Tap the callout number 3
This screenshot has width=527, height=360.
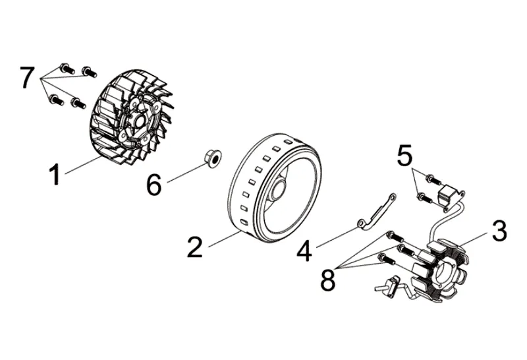click(498, 231)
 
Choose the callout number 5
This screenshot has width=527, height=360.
click(405, 156)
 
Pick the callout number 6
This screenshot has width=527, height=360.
click(153, 185)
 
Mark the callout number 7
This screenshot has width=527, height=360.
click(26, 78)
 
